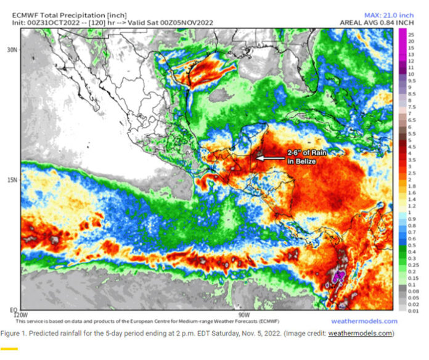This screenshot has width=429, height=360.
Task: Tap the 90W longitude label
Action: coord(242,313)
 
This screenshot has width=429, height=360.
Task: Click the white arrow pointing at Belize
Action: coord(269,158)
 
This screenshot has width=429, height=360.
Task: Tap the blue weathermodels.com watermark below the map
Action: coord(364,321)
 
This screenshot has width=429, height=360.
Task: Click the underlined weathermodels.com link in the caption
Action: coord(359,333)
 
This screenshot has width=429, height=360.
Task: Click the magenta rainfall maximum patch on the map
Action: coord(338,278)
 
